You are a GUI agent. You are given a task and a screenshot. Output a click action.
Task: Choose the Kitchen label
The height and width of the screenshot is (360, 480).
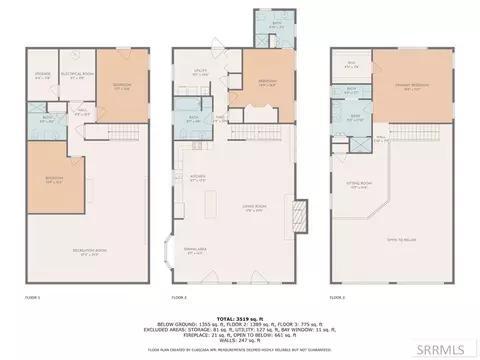click(x=197, y=180)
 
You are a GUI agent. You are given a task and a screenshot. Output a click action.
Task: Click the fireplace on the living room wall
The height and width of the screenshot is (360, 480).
click(x=295, y=215)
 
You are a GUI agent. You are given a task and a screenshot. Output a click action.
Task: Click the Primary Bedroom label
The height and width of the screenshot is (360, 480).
click(x=410, y=87)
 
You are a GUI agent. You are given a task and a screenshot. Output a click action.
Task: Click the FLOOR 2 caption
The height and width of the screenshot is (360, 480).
click(x=179, y=298)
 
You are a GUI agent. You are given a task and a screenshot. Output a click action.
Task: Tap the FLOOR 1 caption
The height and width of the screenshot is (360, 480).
click(x=32, y=298)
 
